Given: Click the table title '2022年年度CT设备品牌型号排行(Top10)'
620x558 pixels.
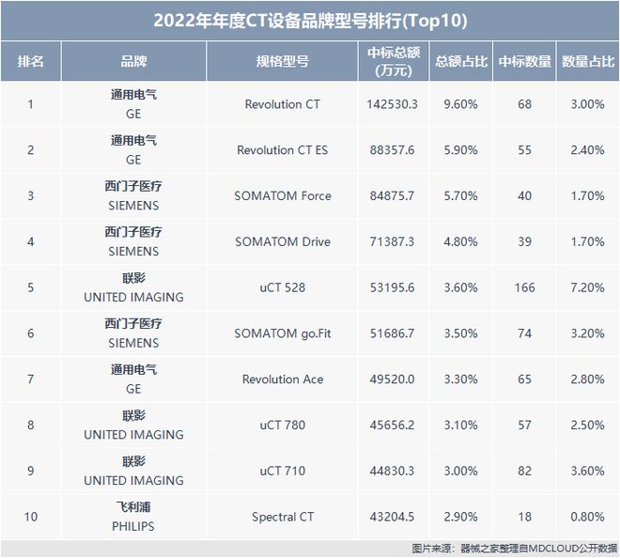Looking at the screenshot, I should coord(310,20).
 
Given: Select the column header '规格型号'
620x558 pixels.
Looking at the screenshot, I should coord(282,62).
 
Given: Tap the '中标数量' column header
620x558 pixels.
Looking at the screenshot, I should coord(524,62).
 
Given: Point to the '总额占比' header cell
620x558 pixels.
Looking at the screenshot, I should coord(460,62).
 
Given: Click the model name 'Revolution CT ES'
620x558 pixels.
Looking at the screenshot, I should coord(282,150).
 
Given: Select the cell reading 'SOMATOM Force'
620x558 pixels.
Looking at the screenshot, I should coord(282,196).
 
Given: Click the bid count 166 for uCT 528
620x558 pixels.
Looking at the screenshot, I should coord(524,287).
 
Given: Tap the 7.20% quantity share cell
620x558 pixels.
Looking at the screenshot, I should coord(582,287).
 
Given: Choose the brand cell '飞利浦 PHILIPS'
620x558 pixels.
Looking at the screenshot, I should coord(133,518).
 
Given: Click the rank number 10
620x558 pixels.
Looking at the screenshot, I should coord(30,518).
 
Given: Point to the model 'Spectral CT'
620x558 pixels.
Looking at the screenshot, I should coord(282,518).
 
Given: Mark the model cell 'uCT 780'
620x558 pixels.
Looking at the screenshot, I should coord(282,426).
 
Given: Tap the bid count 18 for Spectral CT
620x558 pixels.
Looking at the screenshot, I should coord(524,518).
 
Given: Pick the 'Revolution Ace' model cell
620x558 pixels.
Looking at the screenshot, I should coord(282,380).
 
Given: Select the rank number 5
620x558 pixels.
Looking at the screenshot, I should coord(30,287).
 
